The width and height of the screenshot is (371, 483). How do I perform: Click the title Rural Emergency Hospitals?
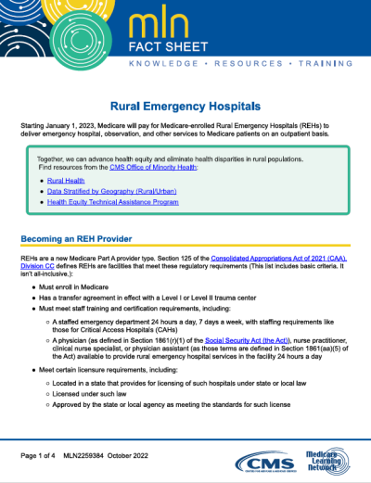click(185, 107)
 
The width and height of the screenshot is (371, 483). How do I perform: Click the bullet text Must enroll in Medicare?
click(73, 287)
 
